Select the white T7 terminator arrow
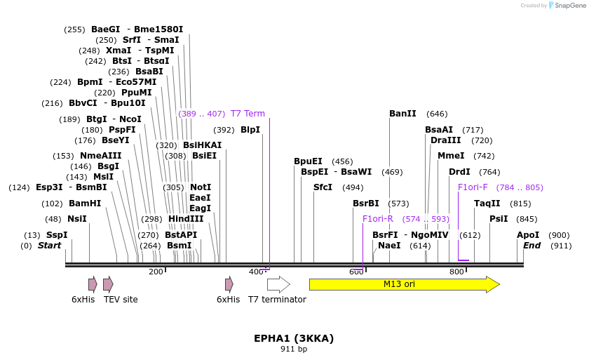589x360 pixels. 278,284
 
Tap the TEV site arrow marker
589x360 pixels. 108,284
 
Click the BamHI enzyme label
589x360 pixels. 85,204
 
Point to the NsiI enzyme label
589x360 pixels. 77,219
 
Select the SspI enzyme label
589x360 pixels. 57,235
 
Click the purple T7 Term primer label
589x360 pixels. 248,114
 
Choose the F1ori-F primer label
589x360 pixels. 473,187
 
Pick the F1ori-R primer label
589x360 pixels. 378,219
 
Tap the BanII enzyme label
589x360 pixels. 402,114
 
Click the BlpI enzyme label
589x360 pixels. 250,130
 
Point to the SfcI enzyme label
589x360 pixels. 323,187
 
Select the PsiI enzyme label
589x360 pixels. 499,219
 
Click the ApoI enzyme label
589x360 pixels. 528,235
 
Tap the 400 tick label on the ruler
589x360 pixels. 256,272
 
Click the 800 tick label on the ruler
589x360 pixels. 456,272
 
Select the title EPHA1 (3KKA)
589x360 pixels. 294,338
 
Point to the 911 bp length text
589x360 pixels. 294,349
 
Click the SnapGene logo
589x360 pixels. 567,6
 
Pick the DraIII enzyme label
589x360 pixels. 446,140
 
